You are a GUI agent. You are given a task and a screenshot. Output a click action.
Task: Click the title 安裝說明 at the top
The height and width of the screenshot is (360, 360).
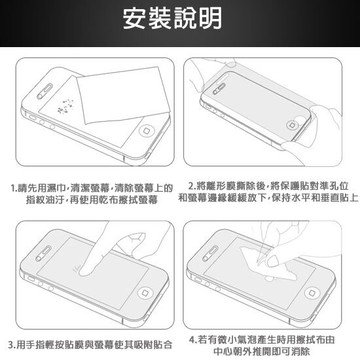click(180, 19)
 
